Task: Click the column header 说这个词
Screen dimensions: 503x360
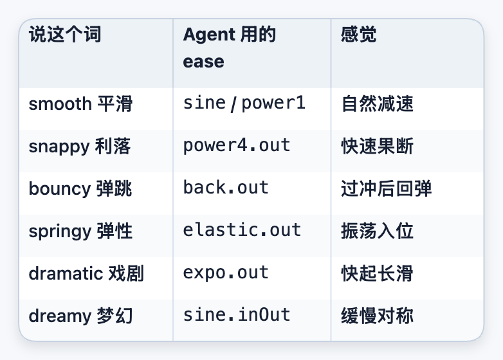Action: tap(65, 34)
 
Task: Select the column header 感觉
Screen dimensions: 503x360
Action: tap(359, 34)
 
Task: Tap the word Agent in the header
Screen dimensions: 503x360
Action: tap(209, 35)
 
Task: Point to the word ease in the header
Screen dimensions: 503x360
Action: tap(203, 62)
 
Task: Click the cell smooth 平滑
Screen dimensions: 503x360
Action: tap(80, 104)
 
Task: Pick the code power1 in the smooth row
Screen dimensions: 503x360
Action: tap(273, 103)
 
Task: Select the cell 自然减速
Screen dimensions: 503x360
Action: tap(377, 104)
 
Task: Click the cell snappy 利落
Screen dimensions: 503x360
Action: tap(80, 147)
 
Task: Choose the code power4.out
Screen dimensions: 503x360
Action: tap(237, 145)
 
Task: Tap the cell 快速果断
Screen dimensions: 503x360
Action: tap(377, 147)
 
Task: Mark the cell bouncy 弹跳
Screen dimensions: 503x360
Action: tap(80, 189)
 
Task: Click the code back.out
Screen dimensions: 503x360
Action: tap(226, 188)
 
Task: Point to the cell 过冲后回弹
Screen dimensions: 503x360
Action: tap(386, 189)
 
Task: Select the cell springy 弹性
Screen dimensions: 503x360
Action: tap(80, 231)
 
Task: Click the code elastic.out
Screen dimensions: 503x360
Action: tap(242, 230)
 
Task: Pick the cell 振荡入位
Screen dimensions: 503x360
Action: tap(377, 231)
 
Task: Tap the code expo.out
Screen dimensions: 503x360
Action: tap(226, 273)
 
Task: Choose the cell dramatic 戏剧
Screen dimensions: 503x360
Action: tap(86, 274)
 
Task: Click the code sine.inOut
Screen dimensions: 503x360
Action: tap(237, 315)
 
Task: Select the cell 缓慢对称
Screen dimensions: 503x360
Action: tap(377, 316)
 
